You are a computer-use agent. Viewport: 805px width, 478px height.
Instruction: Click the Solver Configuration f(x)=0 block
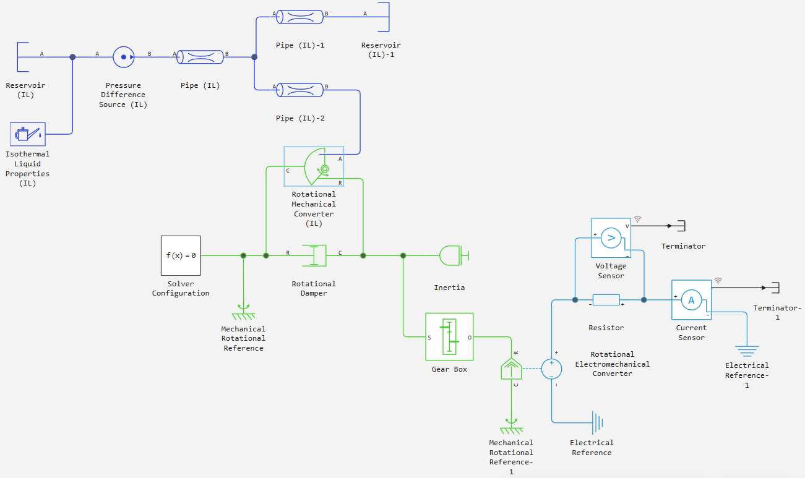[x=181, y=255]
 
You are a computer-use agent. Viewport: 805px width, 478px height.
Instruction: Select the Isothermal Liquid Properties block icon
[x=28, y=134]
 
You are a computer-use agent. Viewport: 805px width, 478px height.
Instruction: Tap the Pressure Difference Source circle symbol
[x=124, y=57]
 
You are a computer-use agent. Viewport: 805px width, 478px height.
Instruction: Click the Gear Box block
[x=449, y=337]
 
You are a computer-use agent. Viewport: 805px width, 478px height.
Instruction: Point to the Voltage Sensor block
[x=611, y=237]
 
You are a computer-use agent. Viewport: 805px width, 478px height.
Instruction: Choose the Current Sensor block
[x=691, y=300]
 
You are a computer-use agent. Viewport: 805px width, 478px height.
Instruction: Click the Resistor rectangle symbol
[x=606, y=300]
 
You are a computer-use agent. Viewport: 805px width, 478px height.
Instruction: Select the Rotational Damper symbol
[x=314, y=255]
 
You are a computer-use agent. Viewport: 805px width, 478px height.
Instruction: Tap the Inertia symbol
[x=454, y=255]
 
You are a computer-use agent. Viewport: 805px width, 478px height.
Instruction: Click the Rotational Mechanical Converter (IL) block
[x=314, y=166]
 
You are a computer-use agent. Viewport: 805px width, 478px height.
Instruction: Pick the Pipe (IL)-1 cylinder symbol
[x=299, y=17]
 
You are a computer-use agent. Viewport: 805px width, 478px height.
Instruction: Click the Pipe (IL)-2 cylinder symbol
[x=299, y=90]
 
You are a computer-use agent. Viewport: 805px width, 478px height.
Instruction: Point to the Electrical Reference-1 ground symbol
[x=747, y=351]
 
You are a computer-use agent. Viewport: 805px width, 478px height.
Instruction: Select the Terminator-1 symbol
[x=775, y=288]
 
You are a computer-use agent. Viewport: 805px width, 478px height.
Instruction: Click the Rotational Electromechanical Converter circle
[x=552, y=369]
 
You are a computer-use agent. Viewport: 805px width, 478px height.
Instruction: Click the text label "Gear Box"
[x=449, y=369]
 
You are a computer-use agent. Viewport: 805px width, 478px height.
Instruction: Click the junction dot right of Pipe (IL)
[x=254, y=57]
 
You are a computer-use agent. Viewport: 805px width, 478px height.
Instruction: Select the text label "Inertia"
[x=449, y=288]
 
